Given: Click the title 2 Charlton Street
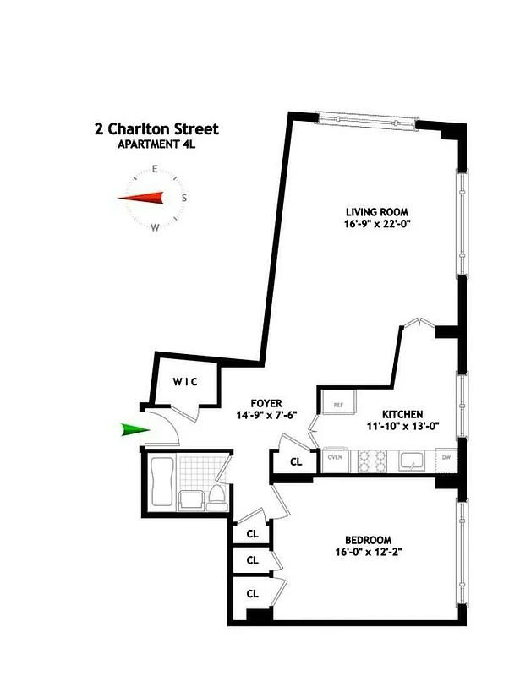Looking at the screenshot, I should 156,129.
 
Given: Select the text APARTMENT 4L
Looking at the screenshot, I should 156,144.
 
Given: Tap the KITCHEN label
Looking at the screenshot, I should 402,413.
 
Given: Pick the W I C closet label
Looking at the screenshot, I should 185,381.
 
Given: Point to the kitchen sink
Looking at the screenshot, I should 412,461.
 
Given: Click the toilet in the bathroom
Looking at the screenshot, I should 217,496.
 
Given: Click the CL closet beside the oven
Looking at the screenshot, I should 296,462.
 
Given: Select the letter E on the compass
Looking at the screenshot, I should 155,170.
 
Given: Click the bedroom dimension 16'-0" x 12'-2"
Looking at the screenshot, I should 367,553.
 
